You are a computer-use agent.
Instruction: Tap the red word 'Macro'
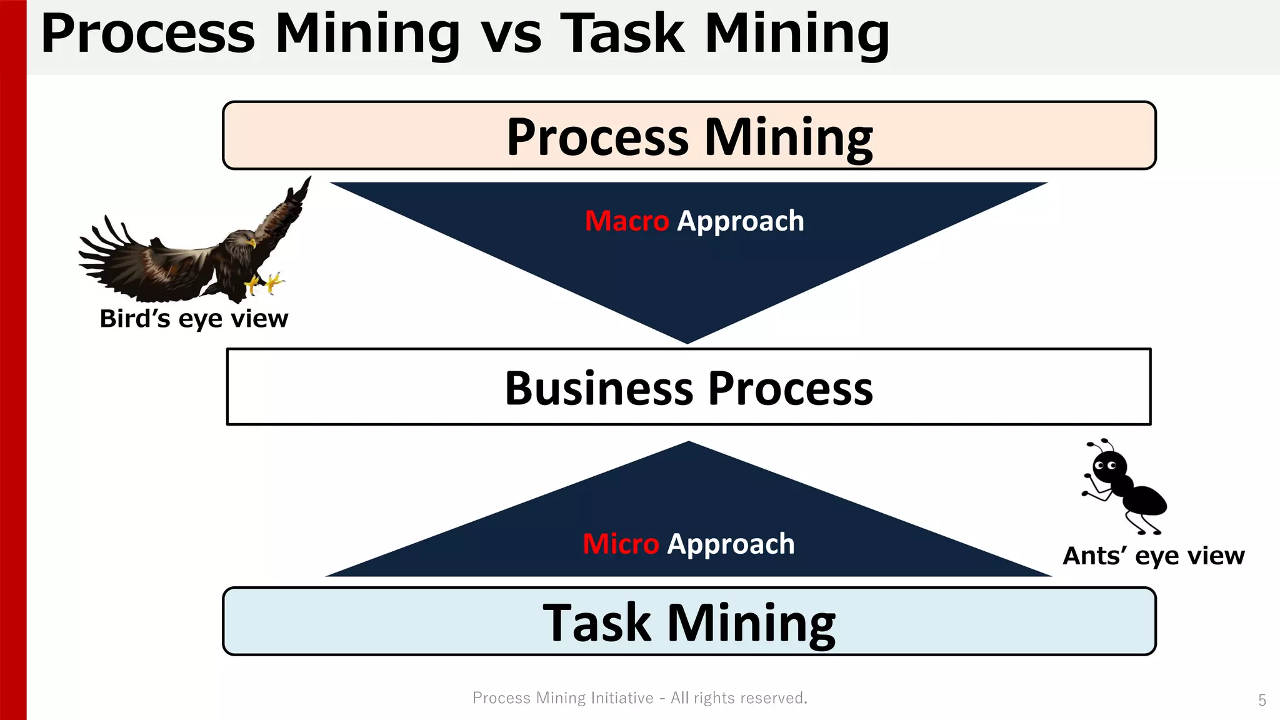click(626, 221)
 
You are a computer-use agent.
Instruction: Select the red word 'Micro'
click(621, 544)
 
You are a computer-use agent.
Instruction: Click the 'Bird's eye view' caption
click(194, 319)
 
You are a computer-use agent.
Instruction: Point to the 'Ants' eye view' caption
click(1153, 556)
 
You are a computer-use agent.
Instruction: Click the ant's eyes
click(1106, 466)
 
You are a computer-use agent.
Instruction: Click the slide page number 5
click(1262, 700)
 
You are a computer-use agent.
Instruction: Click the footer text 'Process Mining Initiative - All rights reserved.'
click(640, 697)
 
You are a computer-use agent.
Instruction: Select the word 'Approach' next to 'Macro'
click(741, 221)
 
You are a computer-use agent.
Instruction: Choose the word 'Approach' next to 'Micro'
click(731, 544)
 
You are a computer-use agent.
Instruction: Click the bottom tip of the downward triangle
click(687, 342)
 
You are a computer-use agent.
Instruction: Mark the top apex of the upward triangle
click(689, 443)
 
